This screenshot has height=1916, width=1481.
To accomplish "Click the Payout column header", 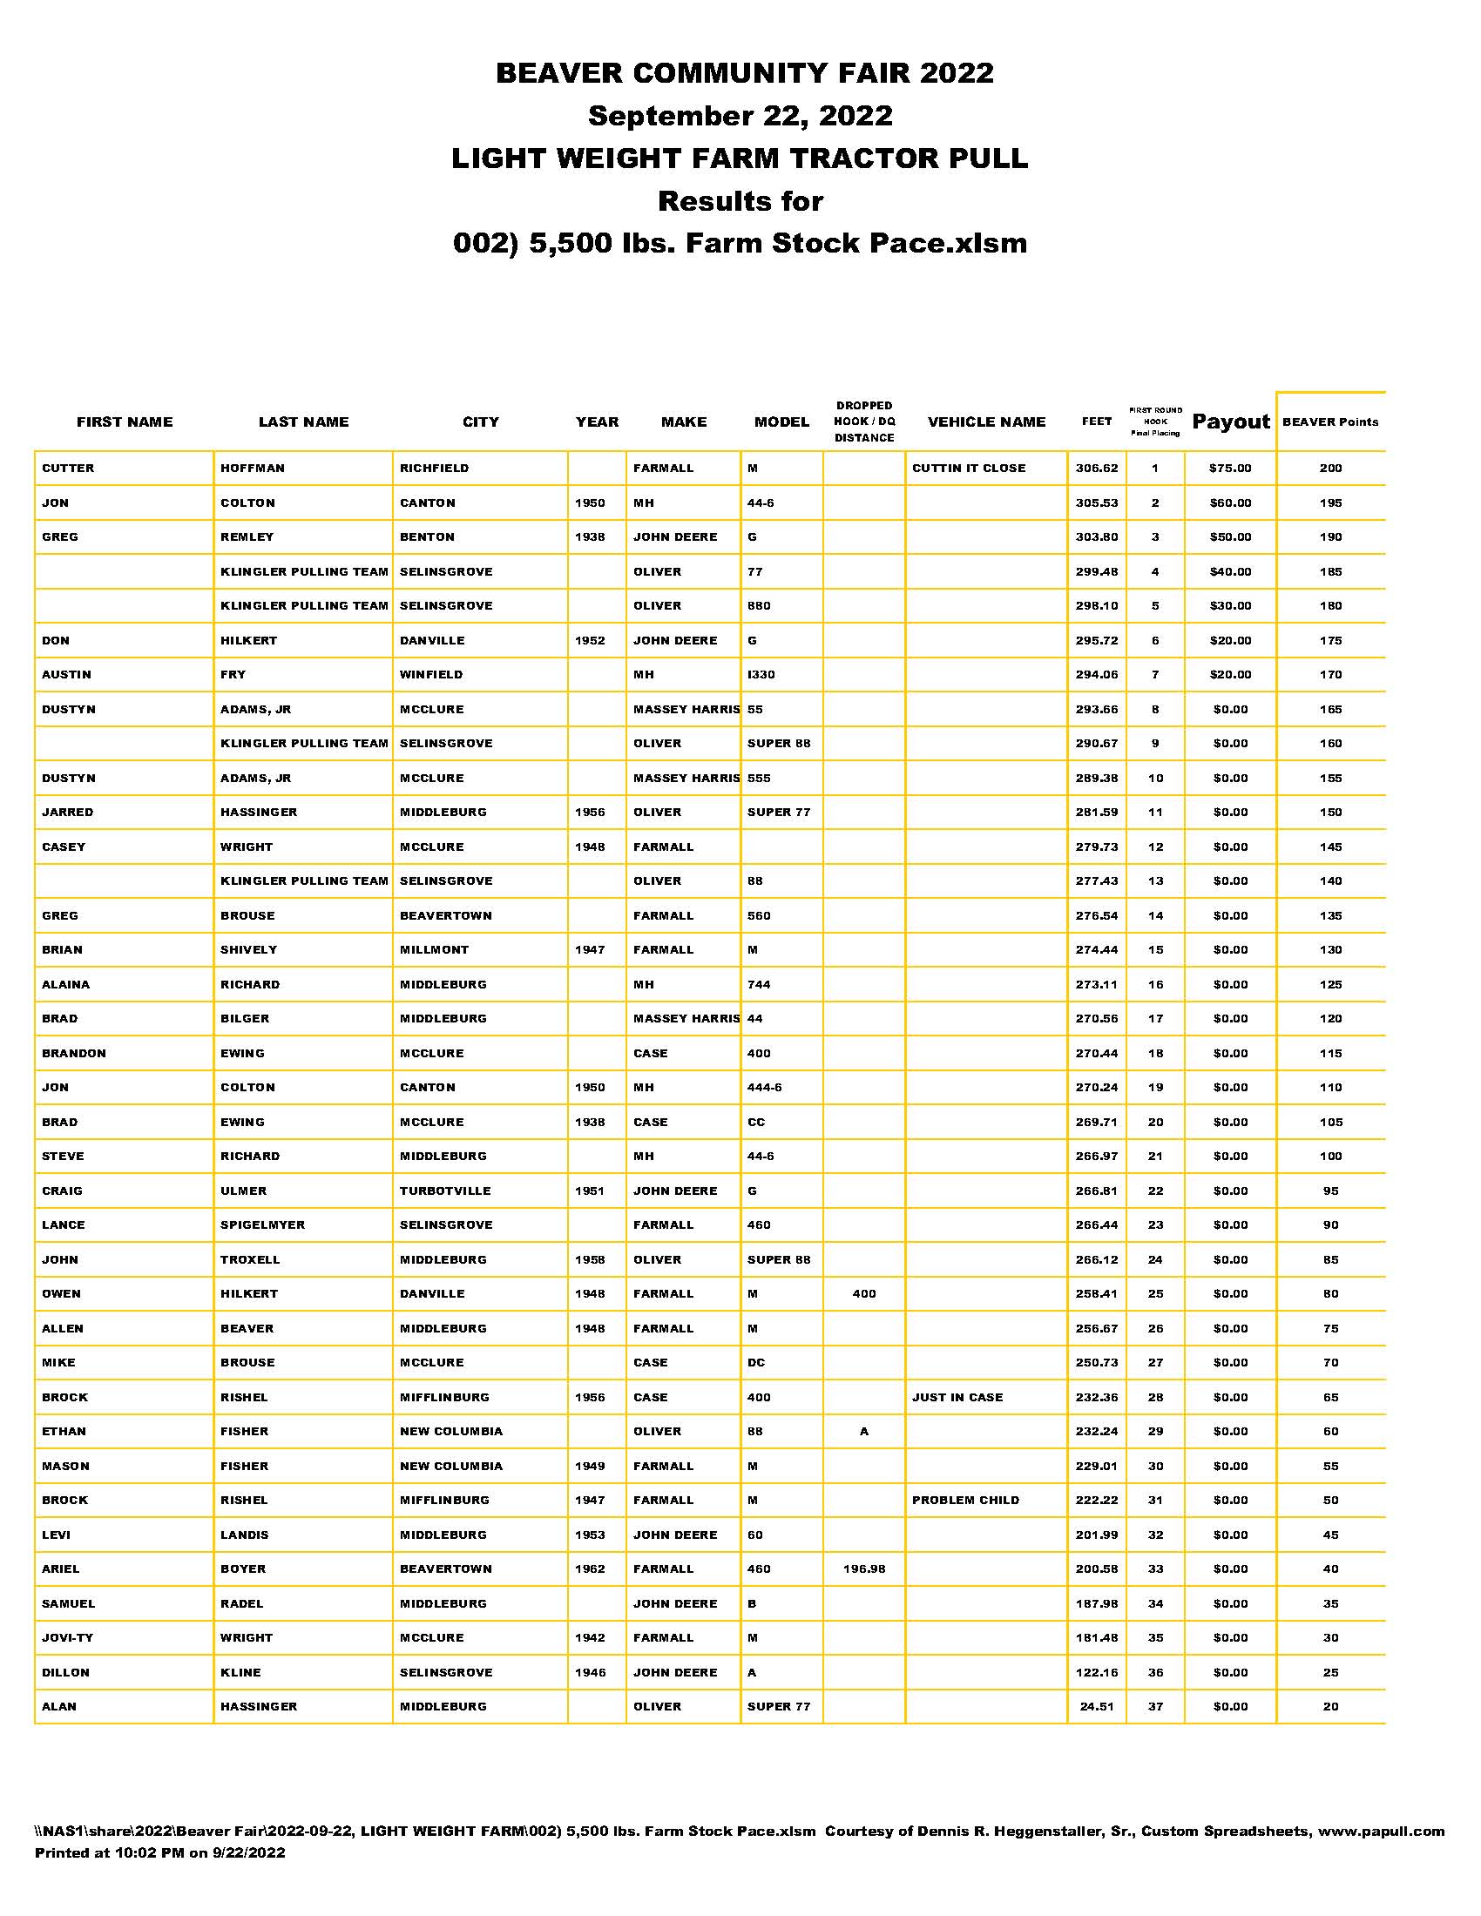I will click(x=1230, y=422).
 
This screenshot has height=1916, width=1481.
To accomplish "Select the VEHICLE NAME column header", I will click(x=986, y=422).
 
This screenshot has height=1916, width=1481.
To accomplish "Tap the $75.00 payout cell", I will click(x=1230, y=469).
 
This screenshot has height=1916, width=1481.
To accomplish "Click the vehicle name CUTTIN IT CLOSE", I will click(x=969, y=469).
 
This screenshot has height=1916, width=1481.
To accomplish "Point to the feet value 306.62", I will click(x=1097, y=469).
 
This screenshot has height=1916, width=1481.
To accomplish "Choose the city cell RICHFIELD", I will click(x=435, y=469).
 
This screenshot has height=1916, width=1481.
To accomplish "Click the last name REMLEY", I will click(x=247, y=536).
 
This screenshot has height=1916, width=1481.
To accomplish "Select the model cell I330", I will click(x=761, y=675).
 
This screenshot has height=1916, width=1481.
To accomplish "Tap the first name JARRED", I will click(x=68, y=813).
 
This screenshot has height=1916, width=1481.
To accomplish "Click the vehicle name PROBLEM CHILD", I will click(x=965, y=1501).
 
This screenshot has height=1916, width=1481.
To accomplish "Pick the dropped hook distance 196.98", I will click(x=864, y=1569).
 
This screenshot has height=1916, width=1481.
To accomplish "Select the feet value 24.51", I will click(x=1097, y=1706).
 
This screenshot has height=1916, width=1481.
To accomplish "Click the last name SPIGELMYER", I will click(x=262, y=1224).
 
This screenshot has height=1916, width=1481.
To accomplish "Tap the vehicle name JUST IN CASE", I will click(x=957, y=1398).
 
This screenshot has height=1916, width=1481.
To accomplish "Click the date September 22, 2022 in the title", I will click(x=740, y=115).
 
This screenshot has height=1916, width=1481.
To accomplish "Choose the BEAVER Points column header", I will click(x=1330, y=422).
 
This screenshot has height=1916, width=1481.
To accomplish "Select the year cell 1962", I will click(x=590, y=1569).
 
